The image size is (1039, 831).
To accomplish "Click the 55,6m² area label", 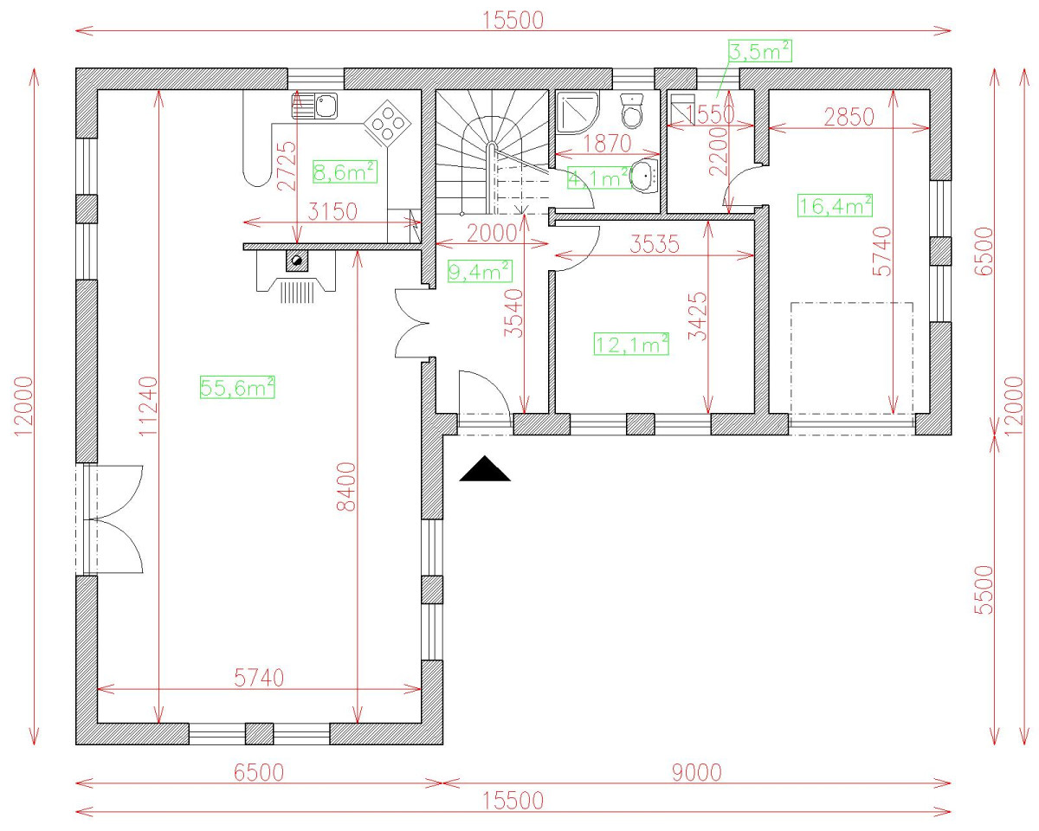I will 237,388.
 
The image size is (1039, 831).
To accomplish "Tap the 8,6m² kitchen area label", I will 344,172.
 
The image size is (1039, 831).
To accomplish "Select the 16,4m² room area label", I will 835,205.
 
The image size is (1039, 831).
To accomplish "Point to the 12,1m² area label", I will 631,344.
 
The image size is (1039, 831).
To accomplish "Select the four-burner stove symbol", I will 387,123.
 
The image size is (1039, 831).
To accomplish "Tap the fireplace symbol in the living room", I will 296,275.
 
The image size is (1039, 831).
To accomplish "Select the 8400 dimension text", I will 346,486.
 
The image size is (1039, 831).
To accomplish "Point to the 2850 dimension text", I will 849,117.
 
